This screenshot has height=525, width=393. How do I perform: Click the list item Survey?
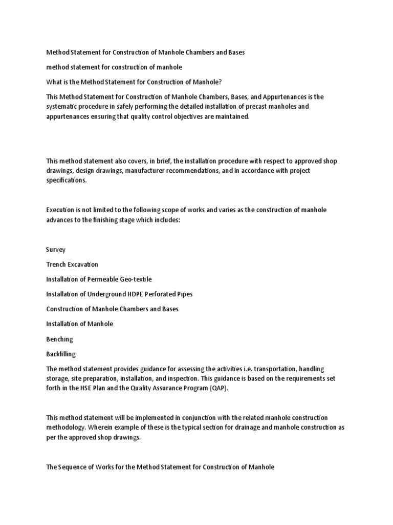(x=56, y=250)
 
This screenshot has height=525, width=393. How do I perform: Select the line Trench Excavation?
(x=72, y=265)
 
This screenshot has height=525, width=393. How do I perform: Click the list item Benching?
(x=59, y=339)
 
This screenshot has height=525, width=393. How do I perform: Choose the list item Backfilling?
(x=61, y=354)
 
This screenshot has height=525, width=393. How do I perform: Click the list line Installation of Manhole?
(x=80, y=324)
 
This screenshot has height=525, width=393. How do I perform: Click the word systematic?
(x=64, y=107)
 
